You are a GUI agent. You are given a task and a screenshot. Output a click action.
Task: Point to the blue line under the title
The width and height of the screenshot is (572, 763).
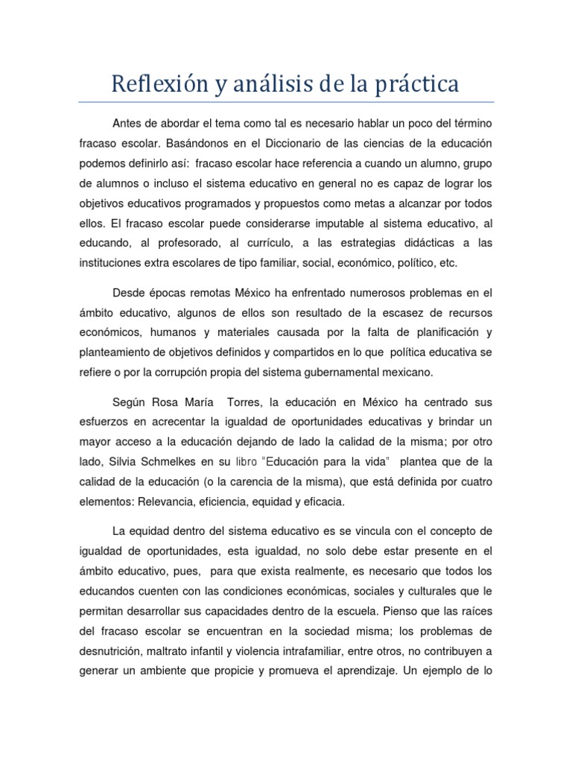[x=285, y=102]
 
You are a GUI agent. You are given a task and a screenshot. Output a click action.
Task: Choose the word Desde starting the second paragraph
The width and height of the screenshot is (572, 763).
[x=129, y=292]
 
